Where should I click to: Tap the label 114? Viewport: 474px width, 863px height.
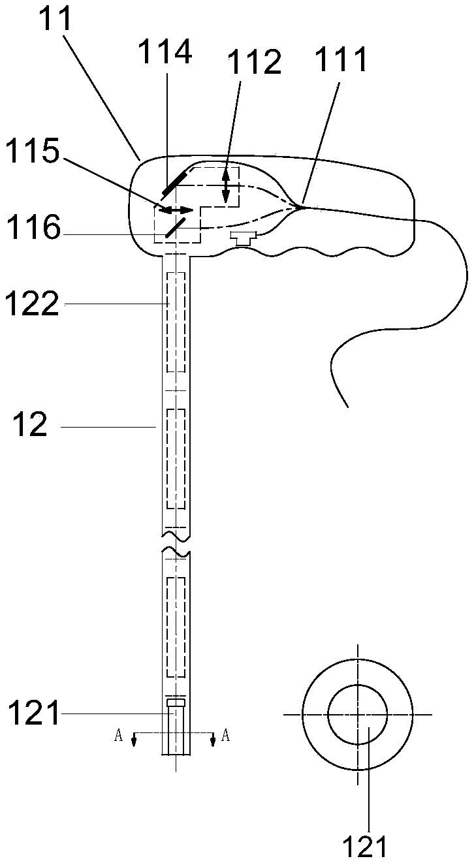(x=165, y=52)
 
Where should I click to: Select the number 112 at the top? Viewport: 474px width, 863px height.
(x=254, y=63)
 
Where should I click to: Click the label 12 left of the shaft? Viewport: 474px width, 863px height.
(x=30, y=426)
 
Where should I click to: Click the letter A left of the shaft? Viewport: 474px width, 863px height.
(x=118, y=736)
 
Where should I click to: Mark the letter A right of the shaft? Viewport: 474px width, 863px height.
(x=226, y=736)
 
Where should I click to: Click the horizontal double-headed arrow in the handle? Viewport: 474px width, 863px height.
(x=176, y=210)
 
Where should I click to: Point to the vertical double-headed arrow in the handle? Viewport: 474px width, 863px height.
(x=226, y=185)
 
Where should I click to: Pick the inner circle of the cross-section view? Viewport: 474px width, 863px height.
(x=357, y=714)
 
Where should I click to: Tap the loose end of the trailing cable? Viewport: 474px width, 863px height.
(x=347, y=406)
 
